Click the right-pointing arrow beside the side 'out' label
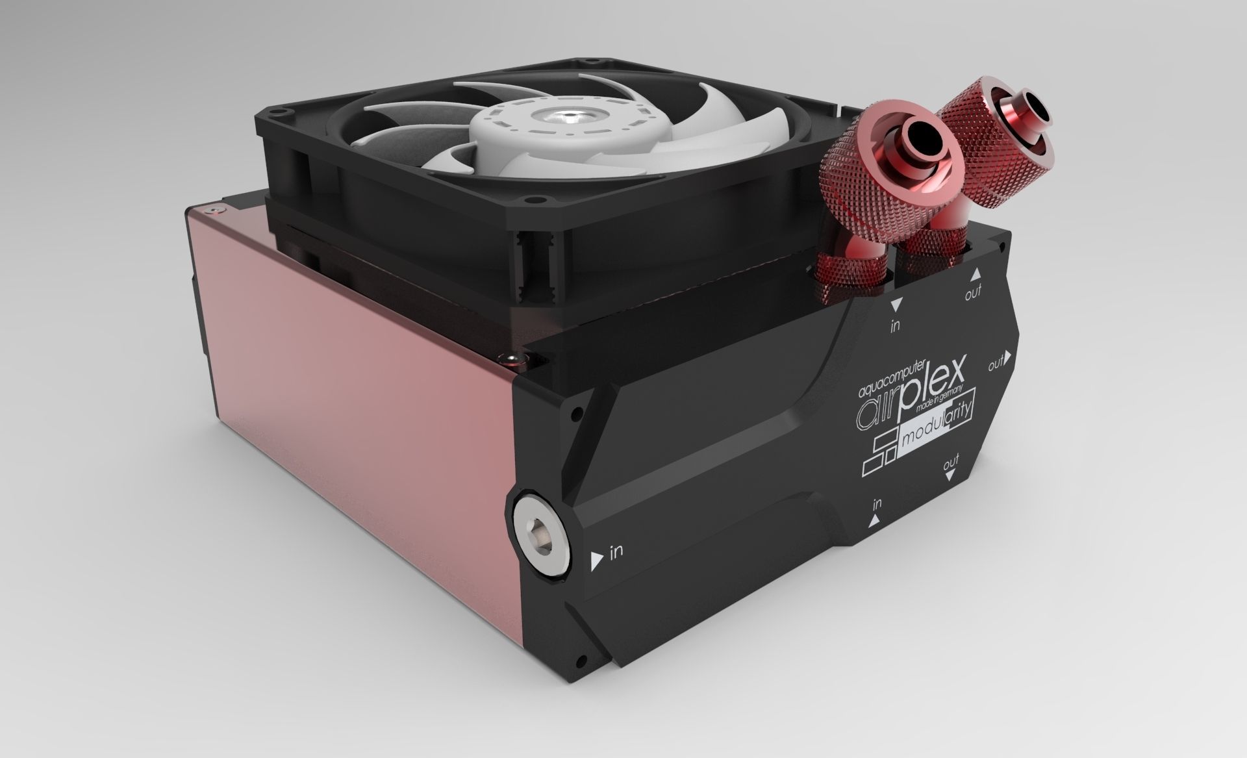1009,357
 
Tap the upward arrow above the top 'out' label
976,275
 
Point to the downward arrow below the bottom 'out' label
951,475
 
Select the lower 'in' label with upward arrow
877,503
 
